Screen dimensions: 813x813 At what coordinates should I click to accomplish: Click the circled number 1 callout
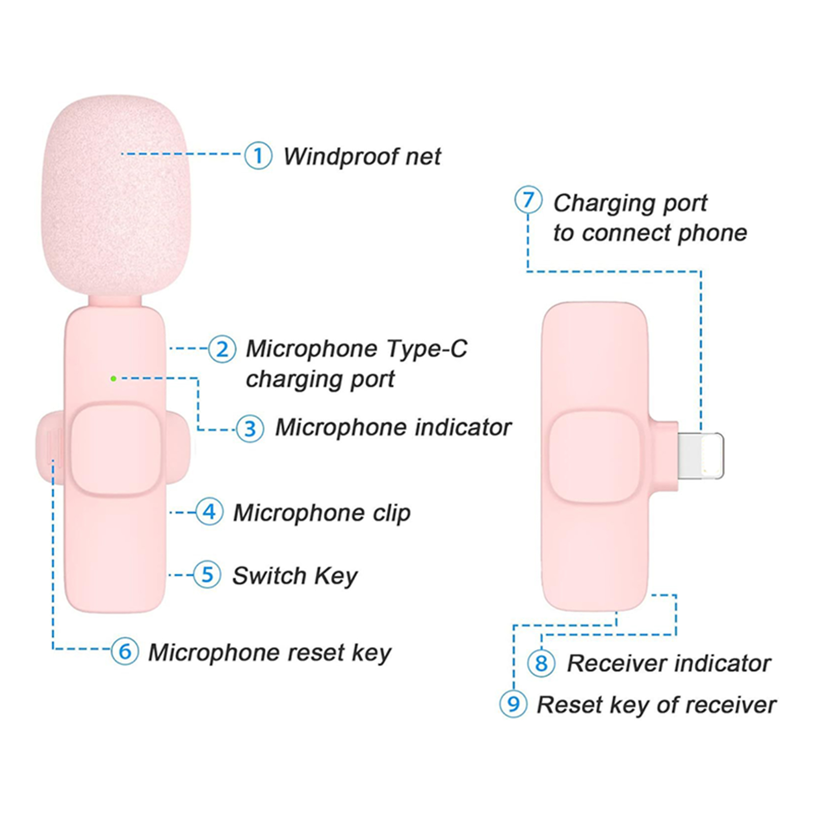coord(258,155)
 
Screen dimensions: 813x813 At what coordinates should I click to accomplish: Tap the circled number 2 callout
coord(222,349)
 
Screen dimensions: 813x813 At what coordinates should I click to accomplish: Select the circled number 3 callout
coord(250,428)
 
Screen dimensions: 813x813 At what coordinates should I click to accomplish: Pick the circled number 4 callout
coord(209,512)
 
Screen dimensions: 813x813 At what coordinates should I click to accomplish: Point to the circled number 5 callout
coord(207,575)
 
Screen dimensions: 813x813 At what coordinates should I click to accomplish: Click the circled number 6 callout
coord(125,651)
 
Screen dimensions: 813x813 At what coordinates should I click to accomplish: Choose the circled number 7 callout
coord(528,200)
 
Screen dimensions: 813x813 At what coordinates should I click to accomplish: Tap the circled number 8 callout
coord(541,663)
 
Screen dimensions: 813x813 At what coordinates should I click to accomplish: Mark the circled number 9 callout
coord(513,704)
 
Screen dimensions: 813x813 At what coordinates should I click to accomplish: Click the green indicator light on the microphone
coord(113,379)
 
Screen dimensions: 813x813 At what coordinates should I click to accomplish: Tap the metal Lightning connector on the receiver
coord(701,455)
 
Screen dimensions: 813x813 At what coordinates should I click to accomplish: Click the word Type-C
coord(426,349)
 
